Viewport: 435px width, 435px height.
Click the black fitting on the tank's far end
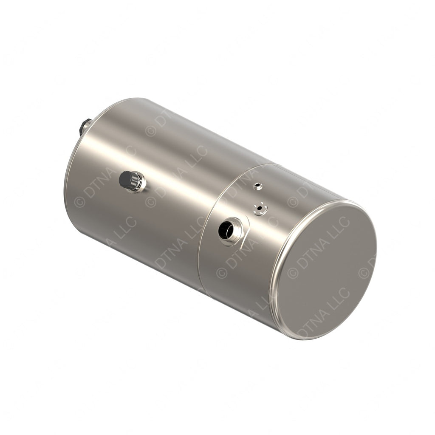click(x=83, y=126)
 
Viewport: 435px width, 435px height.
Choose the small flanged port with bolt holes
click(x=260, y=209)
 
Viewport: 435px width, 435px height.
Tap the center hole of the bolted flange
click(x=259, y=208)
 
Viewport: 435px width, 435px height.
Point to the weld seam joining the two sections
click(x=203, y=238)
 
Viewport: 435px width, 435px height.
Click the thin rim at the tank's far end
click(x=70, y=161)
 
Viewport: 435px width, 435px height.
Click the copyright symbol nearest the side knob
click(x=150, y=201)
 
